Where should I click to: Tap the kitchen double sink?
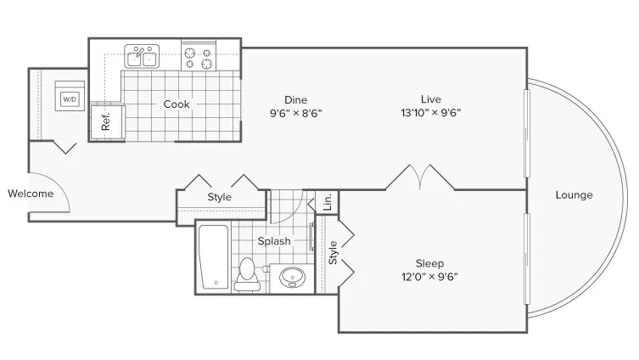142,56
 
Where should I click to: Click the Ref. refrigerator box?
107,123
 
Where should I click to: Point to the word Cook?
177,104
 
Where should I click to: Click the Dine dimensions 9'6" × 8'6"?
296,113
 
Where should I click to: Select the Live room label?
431,99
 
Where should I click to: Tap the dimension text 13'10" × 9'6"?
431,113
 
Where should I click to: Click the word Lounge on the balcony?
574,195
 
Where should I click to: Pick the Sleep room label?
430,263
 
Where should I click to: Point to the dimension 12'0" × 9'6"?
430,277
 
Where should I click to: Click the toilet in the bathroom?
247,274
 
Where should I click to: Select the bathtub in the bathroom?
213,257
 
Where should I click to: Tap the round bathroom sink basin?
292,278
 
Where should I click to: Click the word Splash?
274,241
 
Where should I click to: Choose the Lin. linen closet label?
328,202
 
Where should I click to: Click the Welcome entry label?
31,194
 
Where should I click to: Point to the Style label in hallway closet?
219,197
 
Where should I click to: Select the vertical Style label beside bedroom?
333,252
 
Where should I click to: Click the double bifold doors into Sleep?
420,177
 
